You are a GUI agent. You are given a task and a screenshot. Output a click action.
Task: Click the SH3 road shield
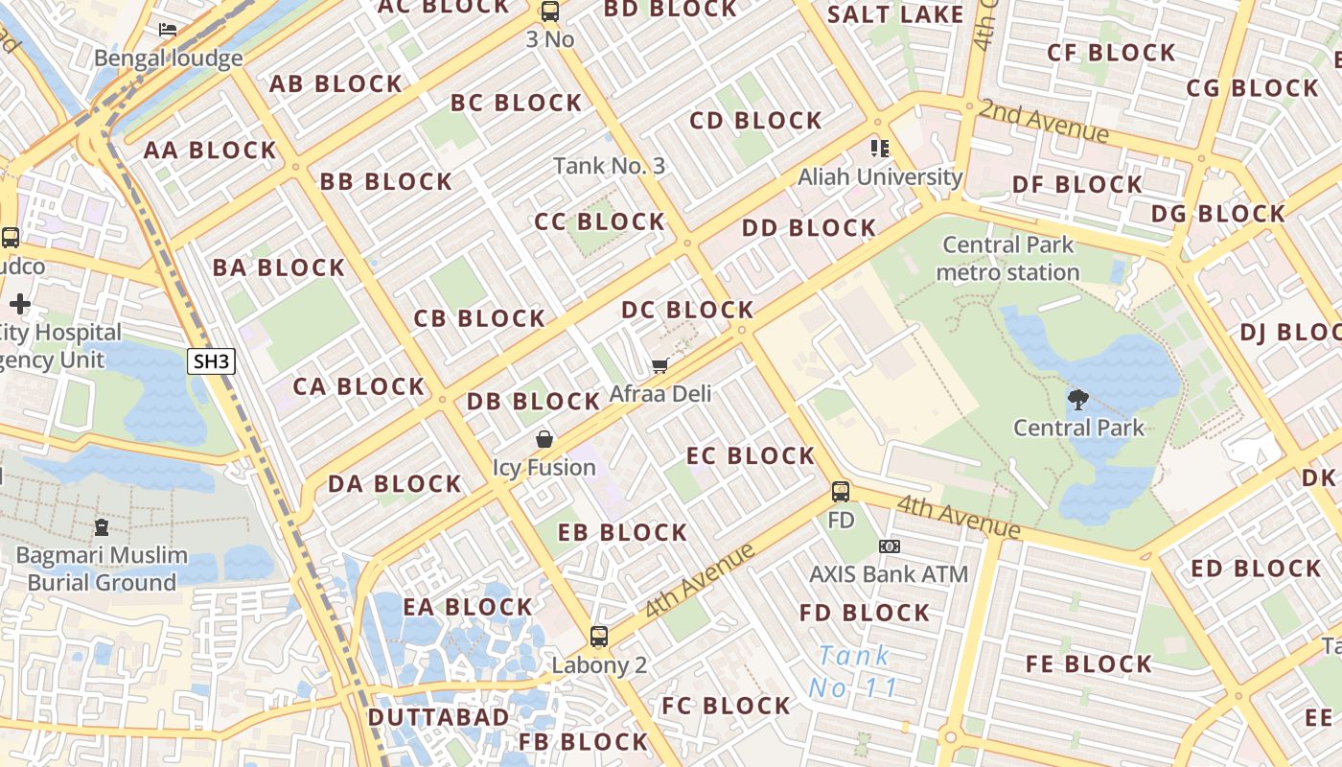(211, 361)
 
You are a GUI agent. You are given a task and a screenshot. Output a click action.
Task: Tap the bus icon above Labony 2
(599, 636)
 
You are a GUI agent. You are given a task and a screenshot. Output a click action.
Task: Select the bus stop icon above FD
(841, 492)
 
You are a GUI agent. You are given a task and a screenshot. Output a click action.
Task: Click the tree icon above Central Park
(1078, 399)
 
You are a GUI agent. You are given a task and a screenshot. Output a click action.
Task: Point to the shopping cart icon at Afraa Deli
(659, 365)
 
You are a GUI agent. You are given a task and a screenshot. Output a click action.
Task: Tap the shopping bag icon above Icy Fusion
(544, 439)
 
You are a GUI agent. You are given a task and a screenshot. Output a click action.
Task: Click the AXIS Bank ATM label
(889, 574)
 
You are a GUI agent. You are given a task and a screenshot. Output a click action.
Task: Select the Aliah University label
(880, 176)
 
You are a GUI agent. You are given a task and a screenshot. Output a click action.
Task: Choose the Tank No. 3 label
(609, 166)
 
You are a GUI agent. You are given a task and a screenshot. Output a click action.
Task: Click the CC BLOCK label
(599, 221)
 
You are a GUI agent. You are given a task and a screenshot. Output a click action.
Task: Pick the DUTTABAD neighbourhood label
(438, 717)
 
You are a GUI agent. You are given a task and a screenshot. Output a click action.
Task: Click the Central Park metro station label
(1007, 259)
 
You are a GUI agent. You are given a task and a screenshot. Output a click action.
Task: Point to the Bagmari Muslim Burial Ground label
(102, 569)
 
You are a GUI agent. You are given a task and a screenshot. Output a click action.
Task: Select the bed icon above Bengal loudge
(168, 30)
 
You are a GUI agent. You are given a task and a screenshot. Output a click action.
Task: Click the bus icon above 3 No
(549, 12)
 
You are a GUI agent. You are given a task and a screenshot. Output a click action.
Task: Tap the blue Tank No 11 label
(853, 672)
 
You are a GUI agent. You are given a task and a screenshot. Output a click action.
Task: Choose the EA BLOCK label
(467, 607)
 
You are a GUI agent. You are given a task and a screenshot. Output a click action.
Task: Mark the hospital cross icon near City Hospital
(20, 305)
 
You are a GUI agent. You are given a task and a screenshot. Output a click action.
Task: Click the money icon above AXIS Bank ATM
(889, 546)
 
